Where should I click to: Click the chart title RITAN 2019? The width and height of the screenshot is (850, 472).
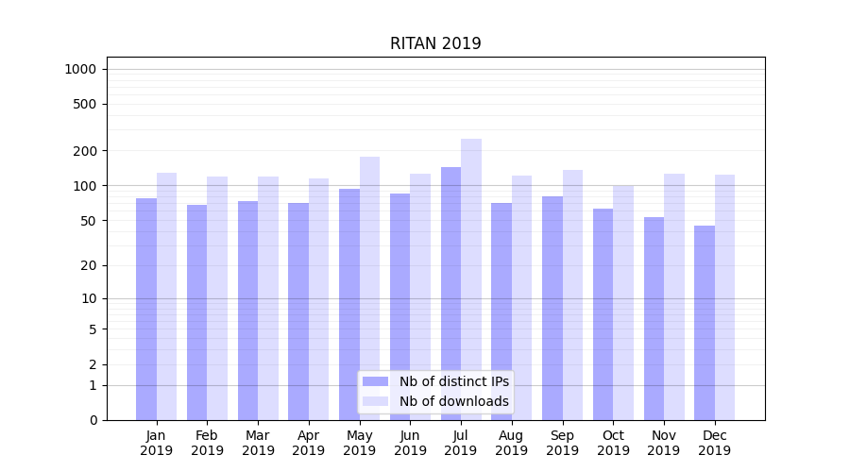pyautogui.click(x=435, y=43)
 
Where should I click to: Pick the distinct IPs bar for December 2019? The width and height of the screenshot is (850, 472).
pyautogui.click(x=705, y=322)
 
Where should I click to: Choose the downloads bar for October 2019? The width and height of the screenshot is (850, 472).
pyautogui.click(x=623, y=302)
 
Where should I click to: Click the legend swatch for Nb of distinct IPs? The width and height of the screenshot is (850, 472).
pyautogui.click(x=375, y=381)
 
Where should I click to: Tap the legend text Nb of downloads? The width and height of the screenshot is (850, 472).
pyautogui.click(x=453, y=401)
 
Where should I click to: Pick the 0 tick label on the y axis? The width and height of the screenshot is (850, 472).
pyautogui.click(x=93, y=420)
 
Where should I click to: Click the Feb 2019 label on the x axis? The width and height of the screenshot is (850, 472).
pyautogui.click(x=207, y=443)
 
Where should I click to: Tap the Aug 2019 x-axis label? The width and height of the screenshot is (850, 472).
pyautogui.click(x=512, y=443)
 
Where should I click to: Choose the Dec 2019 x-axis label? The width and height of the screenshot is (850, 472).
pyautogui.click(x=715, y=443)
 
